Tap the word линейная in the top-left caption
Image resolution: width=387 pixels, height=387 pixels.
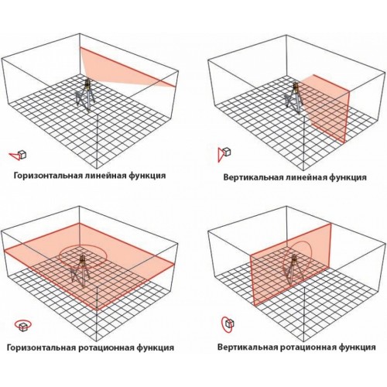coord(104,176)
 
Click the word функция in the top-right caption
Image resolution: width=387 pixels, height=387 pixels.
coord(348,178)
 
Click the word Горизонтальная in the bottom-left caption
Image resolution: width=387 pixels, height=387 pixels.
coord(40,348)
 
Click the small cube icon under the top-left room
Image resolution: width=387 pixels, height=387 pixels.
coord(22,155)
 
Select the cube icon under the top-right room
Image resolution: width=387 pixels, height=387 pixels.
coord(227,152)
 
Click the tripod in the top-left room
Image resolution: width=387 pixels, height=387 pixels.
coord(85,95)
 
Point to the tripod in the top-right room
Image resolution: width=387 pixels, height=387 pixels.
coord(293,98)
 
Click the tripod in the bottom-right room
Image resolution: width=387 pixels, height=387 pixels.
coord(293,269)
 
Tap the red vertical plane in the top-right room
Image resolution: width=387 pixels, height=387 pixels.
coord(326,108)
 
